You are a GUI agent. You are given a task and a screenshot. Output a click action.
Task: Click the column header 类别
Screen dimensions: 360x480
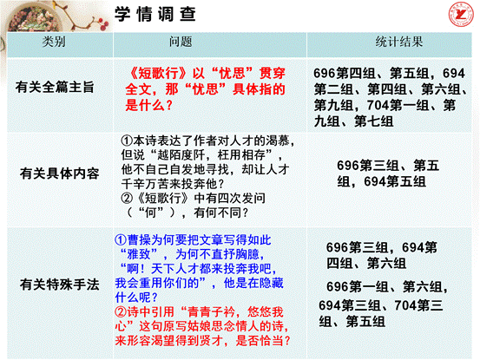56,41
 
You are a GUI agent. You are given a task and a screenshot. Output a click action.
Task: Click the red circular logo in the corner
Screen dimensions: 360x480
457,15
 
